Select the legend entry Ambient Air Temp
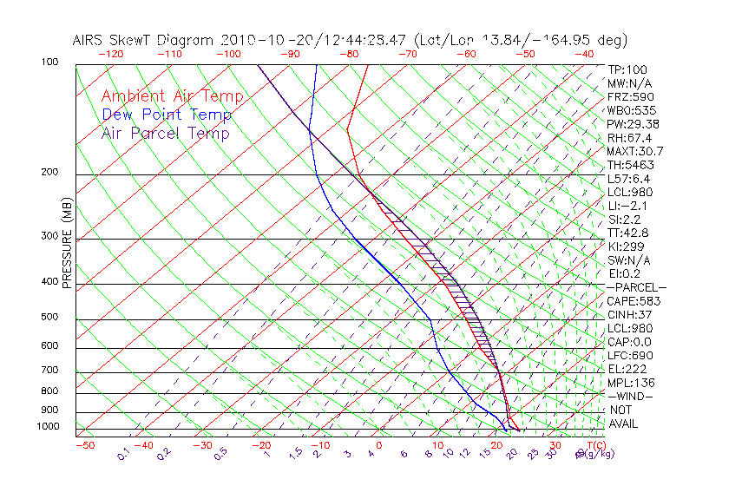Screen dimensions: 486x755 coord(172,96)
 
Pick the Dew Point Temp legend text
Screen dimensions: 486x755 coord(167,115)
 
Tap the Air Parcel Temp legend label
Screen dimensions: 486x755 coord(165,133)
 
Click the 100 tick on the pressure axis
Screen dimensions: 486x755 coord(49,62)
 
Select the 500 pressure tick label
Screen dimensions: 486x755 coord(49,318)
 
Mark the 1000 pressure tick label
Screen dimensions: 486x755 coord(47,426)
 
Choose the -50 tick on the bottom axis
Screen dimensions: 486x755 coord(84,445)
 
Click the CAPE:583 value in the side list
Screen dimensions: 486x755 coord(634,301)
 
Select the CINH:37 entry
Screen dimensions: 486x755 coord(631,315)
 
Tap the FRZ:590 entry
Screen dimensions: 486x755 coord(631,96)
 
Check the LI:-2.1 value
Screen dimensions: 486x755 coord(628,206)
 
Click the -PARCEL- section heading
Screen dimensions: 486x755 coord(636,287)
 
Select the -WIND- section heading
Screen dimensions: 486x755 coord(631,396)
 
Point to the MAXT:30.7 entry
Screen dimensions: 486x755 coord(636,151)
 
